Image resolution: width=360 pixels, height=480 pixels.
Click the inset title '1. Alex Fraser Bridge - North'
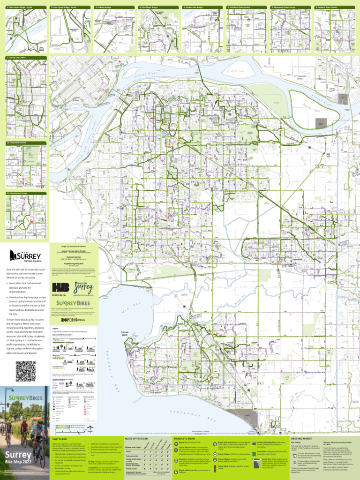pos(19,8)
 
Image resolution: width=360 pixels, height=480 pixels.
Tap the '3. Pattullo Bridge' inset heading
pos(104,8)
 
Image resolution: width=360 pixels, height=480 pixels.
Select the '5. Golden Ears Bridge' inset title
pos(193,8)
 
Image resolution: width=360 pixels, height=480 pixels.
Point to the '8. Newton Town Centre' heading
pos(326,8)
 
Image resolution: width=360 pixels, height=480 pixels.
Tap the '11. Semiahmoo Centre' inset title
pos(16,193)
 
